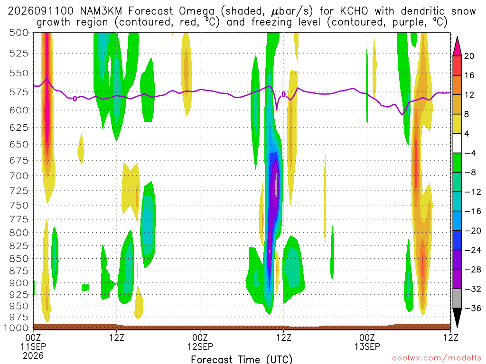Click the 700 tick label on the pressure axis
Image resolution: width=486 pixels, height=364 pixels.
coord(19,176)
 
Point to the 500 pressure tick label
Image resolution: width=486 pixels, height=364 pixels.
coord(19,33)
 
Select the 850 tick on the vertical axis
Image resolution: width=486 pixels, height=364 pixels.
coord(19,258)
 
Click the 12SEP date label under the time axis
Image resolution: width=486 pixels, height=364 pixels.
coord(200,346)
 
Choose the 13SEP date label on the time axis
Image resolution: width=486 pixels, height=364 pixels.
coord(367,346)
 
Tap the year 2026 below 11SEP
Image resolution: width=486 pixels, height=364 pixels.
coord(33,355)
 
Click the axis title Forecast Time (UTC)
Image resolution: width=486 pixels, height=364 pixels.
coord(242,359)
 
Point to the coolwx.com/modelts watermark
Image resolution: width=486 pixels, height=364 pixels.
coord(437,358)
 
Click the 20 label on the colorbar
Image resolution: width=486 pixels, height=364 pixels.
coord(469,56)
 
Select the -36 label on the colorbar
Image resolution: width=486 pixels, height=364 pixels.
coord(473,308)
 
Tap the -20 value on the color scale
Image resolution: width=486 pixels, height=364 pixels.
coord(473,231)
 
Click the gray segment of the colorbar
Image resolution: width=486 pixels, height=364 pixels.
coord(457,299)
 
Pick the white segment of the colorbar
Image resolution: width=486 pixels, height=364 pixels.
coord(457,143)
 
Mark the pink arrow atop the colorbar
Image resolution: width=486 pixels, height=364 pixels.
coord(457,46)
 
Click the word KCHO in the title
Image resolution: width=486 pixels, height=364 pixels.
coord(354,11)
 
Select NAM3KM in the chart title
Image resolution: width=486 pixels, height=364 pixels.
coord(101,11)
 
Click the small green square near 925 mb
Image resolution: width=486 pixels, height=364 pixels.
coord(85,288)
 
